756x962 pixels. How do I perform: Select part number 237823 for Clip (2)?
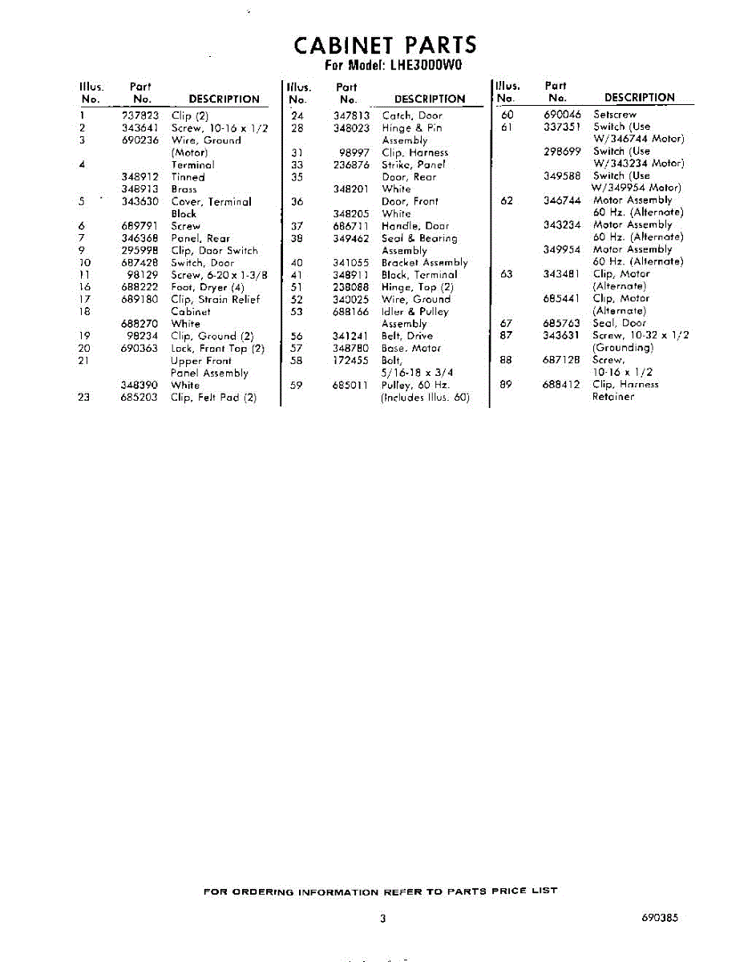click(140, 115)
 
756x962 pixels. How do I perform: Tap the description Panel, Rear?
click(200, 238)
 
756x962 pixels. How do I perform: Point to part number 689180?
click(140, 299)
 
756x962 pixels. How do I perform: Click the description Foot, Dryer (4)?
click(208, 287)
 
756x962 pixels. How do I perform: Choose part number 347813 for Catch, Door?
click(350, 115)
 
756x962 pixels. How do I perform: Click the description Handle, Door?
click(415, 226)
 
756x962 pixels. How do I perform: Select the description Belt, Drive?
click(407, 336)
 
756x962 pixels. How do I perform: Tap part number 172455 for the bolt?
click(350, 361)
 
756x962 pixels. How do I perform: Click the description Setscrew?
click(615, 115)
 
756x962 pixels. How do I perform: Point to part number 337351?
click(562, 127)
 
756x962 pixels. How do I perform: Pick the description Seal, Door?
click(619, 323)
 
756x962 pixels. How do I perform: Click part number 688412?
click(562, 384)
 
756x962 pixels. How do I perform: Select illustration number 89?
click(506, 384)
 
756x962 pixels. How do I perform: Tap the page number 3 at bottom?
click(383, 919)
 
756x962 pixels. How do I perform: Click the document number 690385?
click(660, 919)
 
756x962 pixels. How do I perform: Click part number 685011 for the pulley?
click(350, 385)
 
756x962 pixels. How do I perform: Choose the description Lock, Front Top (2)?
click(217, 349)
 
